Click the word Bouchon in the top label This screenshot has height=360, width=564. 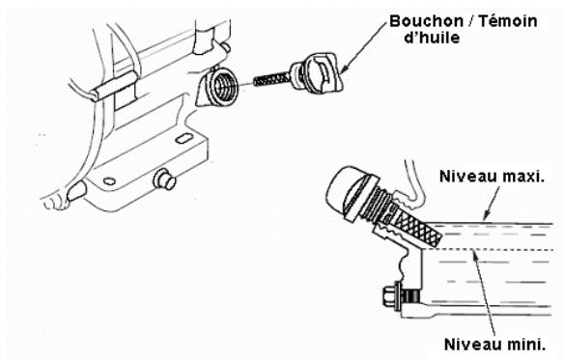click(426, 21)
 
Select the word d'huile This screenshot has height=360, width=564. click(432, 38)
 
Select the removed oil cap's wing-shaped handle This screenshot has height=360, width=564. click(325, 73)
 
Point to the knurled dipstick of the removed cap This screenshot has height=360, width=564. click(272, 79)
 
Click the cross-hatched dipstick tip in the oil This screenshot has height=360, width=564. click(417, 229)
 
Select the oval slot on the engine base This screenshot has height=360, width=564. click(184, 138)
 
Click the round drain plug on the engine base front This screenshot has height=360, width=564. click(165, 179)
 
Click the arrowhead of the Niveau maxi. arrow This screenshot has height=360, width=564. click(485, 216)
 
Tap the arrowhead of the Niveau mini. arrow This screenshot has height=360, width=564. click(475, 254)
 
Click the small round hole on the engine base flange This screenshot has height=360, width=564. click(109, 180)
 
